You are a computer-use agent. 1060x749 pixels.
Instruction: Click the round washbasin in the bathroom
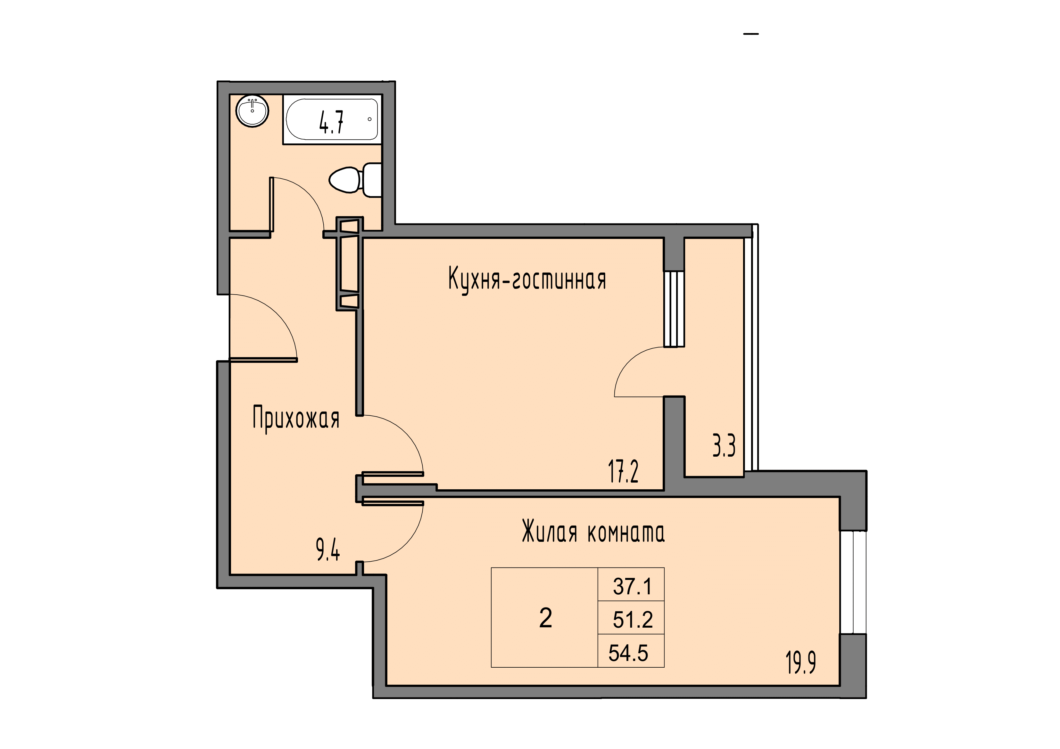[x=252, y=111]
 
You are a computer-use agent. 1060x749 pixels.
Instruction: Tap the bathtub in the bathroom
[x=332, y=119]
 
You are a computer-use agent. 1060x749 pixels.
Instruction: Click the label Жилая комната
[x=593, y=532]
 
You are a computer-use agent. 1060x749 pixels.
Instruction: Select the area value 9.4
[x=328, y=550]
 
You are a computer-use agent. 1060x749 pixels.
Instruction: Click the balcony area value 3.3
[x=724, y=446]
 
